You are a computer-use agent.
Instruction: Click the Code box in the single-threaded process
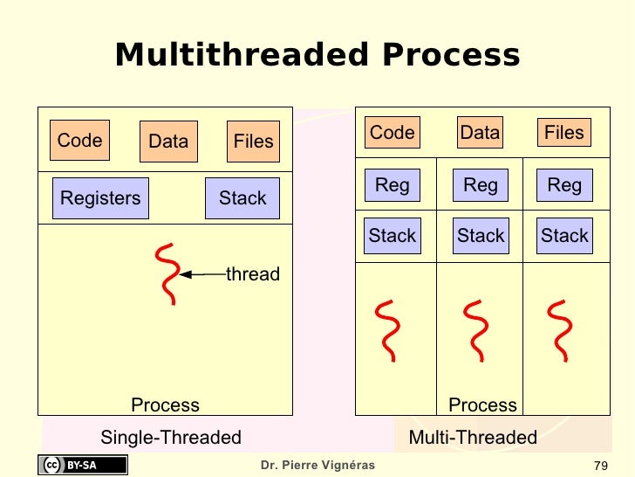[79, 141]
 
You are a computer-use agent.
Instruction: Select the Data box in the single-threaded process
[168, 142]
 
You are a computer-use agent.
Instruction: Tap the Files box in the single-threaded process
[253, 142]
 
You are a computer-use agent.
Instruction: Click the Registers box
[100, 198]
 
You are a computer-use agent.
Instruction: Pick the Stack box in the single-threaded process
[242, 198]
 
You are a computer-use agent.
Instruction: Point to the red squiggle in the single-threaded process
[166, 274]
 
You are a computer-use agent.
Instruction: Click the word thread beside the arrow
[253, 274]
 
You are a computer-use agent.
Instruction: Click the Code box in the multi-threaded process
[392, 133]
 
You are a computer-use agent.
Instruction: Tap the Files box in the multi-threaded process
[563, 133]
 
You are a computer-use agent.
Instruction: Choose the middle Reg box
[481, 185]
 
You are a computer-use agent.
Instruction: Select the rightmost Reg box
[564, 185]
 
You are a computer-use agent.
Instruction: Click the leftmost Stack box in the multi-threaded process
[393, 236]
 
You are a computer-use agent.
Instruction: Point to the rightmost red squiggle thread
[562, 330]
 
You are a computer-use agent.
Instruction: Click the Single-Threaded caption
[171, 438]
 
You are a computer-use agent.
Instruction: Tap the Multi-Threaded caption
[473, 438]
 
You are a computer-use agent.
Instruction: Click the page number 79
[599, 465]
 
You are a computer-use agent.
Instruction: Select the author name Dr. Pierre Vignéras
[317, 465]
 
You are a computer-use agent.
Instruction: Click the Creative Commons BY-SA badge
[82, 465]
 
